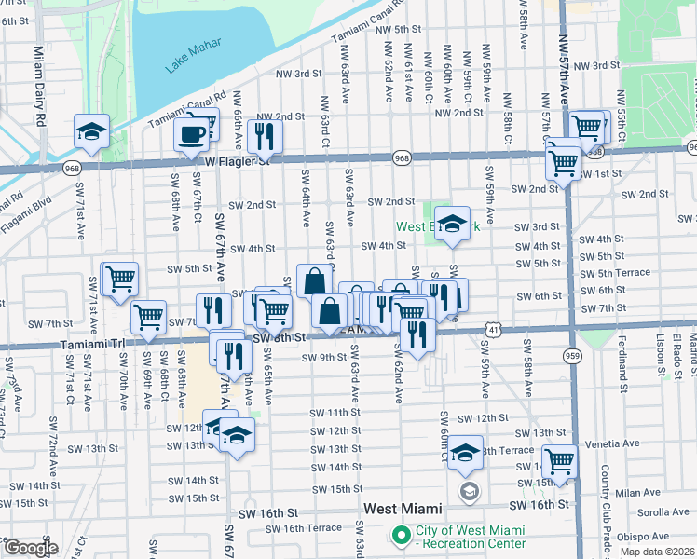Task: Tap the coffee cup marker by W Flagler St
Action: click(x=192, y=133)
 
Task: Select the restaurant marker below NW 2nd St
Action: click(x=266, y=136)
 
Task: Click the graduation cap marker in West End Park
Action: click(x=452, y=225)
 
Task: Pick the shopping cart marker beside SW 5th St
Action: click(x=119, y=279)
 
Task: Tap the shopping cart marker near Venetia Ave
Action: click(x=559, y=460)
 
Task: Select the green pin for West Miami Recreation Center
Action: click(x=402, y=536)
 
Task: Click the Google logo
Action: click(x=30, y=548)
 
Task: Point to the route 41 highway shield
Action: click(x=492, y=330)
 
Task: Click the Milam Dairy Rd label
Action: click(x=39, y=85)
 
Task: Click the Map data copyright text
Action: click(x=658, y=552)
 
